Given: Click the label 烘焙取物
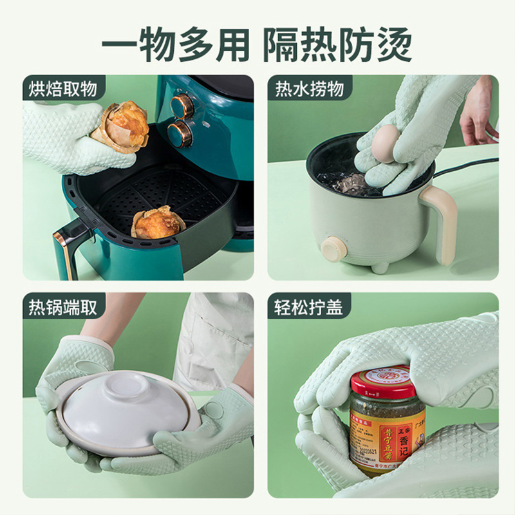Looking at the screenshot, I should [x=62, y=88].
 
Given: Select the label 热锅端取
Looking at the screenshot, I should [x=62, y=307].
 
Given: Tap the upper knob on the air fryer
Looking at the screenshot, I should [x=182, y=106].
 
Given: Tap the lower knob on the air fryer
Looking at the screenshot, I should [x=179, y=134].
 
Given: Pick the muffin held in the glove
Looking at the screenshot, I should [x=120, y=126].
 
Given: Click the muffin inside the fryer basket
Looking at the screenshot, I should [x=158, y=222].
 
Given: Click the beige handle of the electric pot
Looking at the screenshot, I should [x=444, y=223].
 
